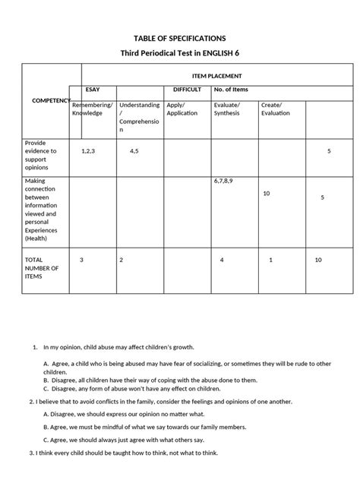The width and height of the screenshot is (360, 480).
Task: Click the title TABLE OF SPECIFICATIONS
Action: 179,37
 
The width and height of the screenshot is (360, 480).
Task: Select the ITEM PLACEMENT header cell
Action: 216,75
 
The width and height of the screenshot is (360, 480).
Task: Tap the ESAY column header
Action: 93,90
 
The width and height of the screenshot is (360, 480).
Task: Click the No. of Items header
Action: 232,90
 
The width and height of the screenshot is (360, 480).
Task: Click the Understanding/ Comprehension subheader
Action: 139,117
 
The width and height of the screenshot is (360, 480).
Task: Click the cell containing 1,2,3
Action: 87,151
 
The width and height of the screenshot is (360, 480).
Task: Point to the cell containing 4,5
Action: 134,151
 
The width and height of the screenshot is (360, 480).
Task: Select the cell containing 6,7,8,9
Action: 226,182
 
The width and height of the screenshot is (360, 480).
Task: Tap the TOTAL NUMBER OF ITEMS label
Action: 41,267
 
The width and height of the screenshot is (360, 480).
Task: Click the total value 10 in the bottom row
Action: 319,260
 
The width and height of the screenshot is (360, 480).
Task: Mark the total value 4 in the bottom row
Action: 222,260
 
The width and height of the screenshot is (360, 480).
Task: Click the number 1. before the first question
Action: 35,347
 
